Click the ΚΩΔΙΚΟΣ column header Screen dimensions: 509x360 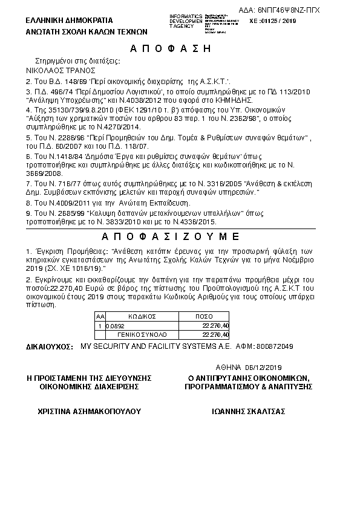(x=142, y=316)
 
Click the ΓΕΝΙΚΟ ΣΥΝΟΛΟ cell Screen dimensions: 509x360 (x=142, y=334)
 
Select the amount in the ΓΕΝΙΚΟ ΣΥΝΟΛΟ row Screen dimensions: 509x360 (x=216, y=334)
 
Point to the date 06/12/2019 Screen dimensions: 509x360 (x=264, y=367)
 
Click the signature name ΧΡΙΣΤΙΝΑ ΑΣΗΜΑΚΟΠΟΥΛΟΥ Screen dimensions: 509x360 (x=89, y=411)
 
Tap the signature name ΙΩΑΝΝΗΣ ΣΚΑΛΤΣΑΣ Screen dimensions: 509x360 (x=249, y=411)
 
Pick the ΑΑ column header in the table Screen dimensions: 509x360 (x=100, y=316)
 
